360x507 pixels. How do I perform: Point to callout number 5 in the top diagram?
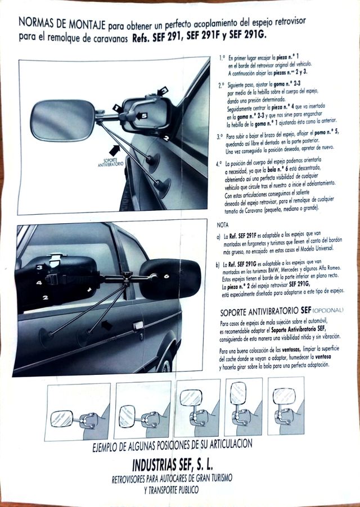143,115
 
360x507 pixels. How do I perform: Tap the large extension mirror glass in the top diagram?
62,120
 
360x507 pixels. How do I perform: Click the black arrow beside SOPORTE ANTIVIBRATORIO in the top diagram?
115,148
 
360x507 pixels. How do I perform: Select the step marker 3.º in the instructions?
220,137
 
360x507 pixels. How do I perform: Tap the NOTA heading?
223,224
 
